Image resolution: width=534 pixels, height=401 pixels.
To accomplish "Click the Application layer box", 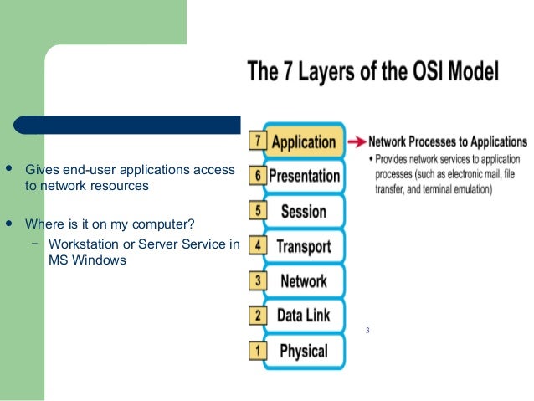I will pyautogui.click(x=303, y=141).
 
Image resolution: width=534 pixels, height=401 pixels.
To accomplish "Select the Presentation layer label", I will pyautogui.click(x=305, y=177).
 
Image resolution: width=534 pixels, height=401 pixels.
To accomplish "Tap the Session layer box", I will pyautogui.click(x=303, y=211).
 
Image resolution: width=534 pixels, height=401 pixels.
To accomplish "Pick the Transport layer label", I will pyautogui.click(x=303, y=246).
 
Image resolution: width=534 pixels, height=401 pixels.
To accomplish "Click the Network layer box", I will pyautogui.click(x=303, y=281).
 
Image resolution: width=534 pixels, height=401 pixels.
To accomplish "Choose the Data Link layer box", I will pyautogui.click(x=303, y=316).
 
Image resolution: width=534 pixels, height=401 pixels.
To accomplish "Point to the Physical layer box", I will pyautogui.click(x=303, y=351).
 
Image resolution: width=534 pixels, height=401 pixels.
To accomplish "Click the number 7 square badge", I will pyautogui.click(x=258, y=141).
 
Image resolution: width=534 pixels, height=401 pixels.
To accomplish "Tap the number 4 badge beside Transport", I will pyautogui.click(x=258, y=246).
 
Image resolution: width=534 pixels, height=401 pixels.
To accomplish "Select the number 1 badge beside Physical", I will pyautogui.click(x=258, y=351).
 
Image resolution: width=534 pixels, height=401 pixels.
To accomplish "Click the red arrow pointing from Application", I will pyautogui.click(x=357, y=141).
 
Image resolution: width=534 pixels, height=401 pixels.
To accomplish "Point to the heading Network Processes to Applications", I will pyautogui.click(x=448, y=142).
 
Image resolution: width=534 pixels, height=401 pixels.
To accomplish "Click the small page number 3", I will pyautogui.click(x=367, y=332).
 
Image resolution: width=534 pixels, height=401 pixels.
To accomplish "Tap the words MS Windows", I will pyautogui.click(x=87, y=260).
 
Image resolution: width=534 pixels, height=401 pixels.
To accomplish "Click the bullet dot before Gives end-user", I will pyautogui.click(x=9, y=170).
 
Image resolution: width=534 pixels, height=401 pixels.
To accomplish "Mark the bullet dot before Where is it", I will pyautogui.click(x=9, y=224).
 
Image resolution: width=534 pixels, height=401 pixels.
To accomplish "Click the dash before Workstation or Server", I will pyautogui.click(x=34, y=244).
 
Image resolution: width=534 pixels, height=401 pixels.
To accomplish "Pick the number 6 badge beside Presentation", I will pyautogui.click(x=258, y=177).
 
